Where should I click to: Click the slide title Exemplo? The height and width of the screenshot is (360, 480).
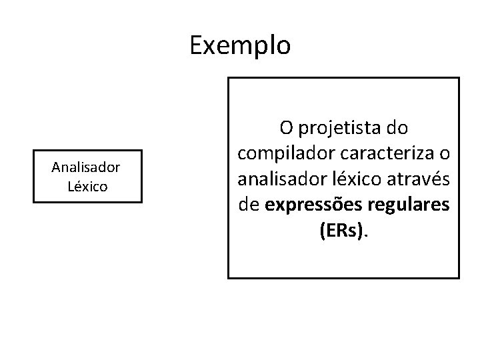[240, 45]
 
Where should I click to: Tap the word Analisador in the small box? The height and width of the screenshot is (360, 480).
[86, 167]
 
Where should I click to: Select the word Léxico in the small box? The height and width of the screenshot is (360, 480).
[87, 185]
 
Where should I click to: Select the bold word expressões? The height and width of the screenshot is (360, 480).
[311, 206]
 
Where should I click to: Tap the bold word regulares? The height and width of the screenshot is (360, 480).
[407, 206]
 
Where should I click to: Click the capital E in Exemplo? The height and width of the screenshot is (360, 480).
[196, 45]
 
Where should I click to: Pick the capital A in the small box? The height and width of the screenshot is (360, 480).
[56, 167]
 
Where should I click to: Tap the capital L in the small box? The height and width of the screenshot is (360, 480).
[71, 185]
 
